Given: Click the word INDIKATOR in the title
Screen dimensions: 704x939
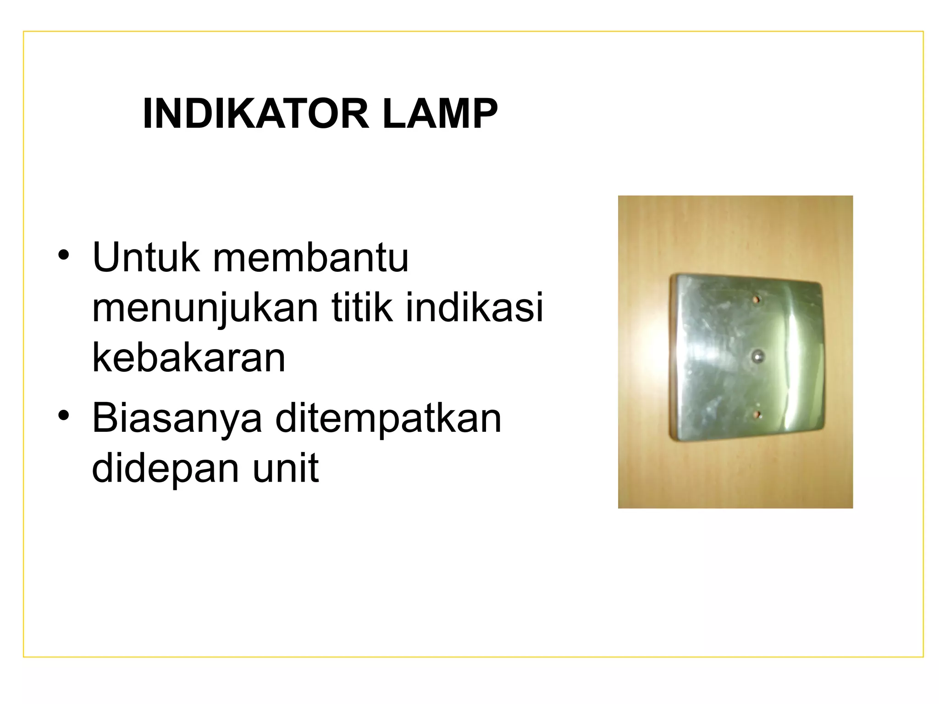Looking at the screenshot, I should [x=256, y=114].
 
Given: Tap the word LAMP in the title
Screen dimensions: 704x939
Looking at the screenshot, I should [x=440, y=114].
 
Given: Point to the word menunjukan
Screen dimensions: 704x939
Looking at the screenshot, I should [x=205, y=308].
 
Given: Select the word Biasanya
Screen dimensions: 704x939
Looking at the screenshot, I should [x=177, y=418].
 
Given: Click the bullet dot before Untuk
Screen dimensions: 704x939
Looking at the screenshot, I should [x=63, y=255].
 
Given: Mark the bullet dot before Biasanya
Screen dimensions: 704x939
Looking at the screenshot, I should [x=63, y=415].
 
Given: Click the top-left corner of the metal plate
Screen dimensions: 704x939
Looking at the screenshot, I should [x=673, y=277].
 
